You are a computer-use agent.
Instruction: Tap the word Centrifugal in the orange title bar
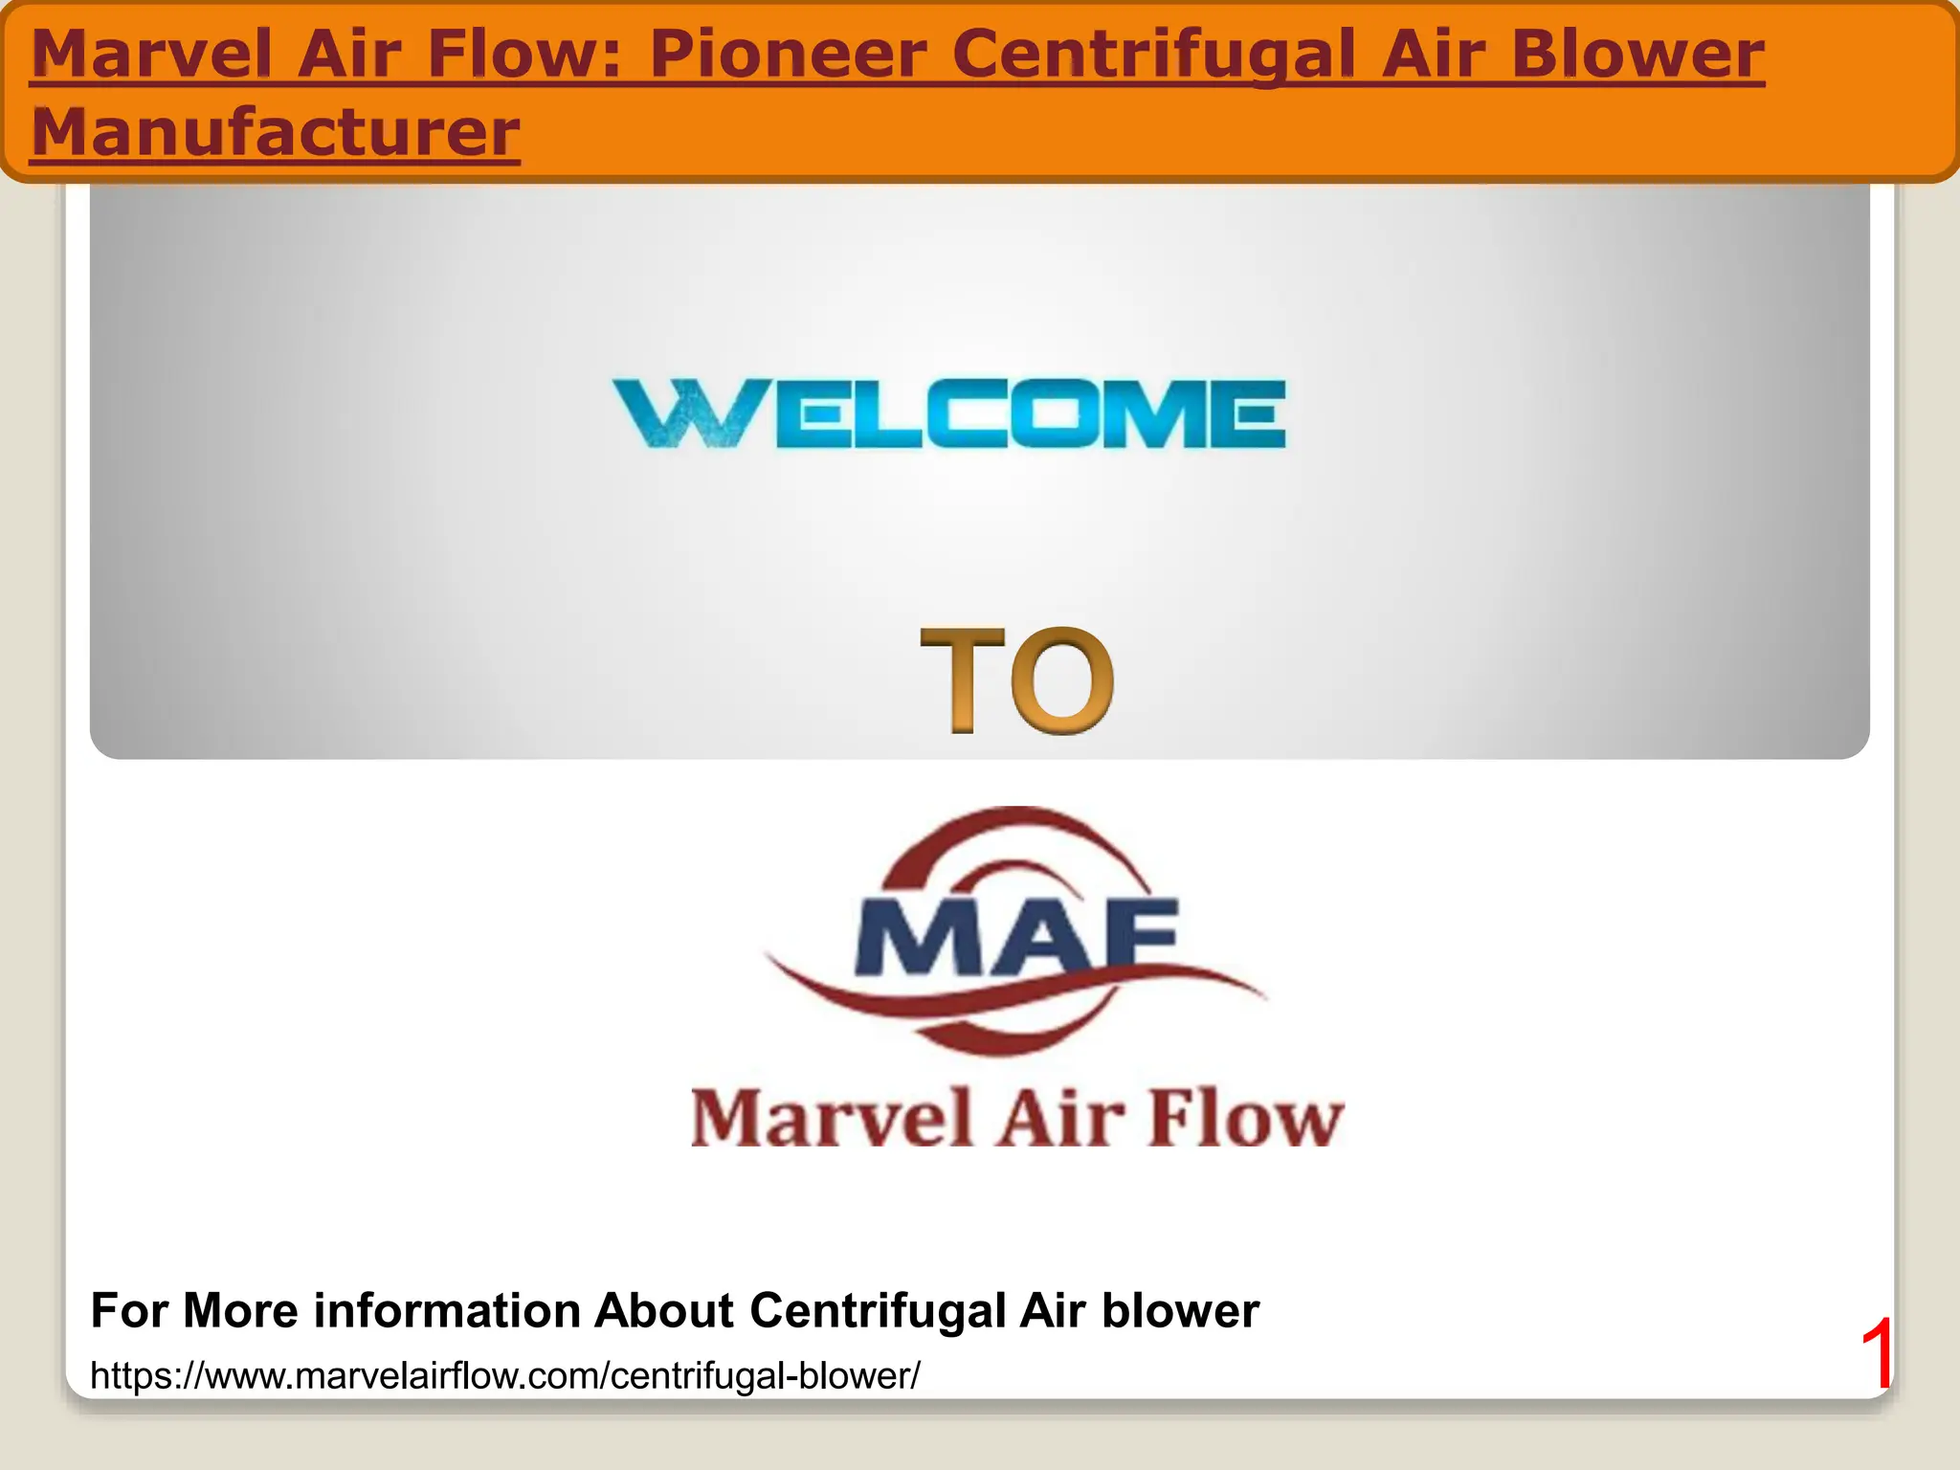pos(1153,56)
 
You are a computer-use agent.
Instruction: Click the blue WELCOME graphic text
pos(948,413)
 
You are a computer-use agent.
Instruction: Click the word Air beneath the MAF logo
pos(1061,1117)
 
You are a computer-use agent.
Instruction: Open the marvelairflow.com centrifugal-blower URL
pos(504,1376)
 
